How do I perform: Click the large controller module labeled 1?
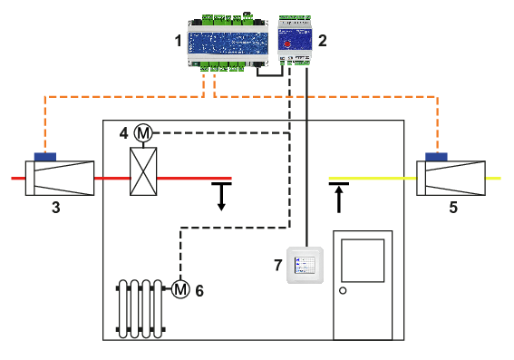coord(228,42)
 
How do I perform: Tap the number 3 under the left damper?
coord(55,208)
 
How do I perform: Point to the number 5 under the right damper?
coord(453,208)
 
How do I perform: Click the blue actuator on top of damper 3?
coord(44,156)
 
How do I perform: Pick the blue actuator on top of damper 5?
coord(436,156)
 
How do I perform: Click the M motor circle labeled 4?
coord(142,133)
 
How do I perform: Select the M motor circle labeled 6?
coord(180,289)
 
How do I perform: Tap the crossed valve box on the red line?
coord(143,171)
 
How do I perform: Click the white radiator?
coord(141,308)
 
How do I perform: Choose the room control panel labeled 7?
coord(305,265)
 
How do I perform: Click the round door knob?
coord(343,291)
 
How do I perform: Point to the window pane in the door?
coord(363,260)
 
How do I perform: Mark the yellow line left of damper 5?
coord(372,179)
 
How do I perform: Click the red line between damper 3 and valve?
coord(112,179)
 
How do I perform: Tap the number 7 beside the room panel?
coord(278,266)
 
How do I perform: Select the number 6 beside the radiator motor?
coord(199,291)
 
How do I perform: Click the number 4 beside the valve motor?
coord(124,133)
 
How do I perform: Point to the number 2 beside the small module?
coord(322,41)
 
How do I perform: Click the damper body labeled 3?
coord(59,178)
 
